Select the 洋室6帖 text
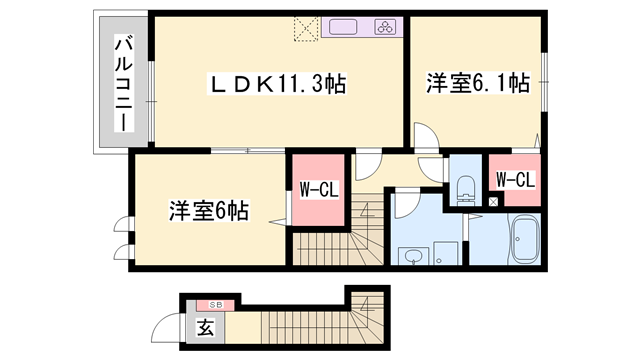[208, 212]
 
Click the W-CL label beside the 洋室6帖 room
[317, 189]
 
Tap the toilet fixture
[465, 186]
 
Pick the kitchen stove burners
[385, 28]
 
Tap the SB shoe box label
[214, 304]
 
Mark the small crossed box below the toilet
[493, 202]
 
